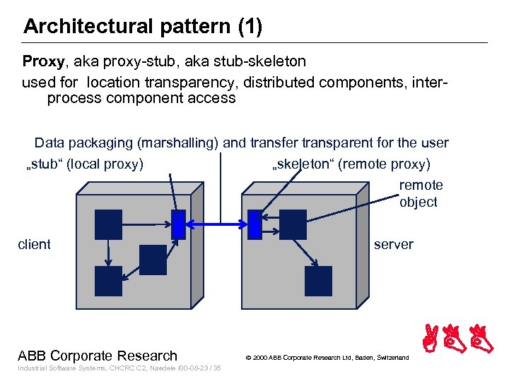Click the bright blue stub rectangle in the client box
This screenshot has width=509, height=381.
click(179, 224)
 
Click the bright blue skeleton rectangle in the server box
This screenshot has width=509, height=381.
click(255, 225)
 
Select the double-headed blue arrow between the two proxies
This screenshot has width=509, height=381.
click(217, 225)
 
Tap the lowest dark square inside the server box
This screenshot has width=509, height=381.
click(318, 281)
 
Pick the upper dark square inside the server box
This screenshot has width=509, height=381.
click(293, 224)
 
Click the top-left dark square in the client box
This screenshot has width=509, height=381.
click(108, 224)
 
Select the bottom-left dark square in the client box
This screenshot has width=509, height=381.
click(108, 281)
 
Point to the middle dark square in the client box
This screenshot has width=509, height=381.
click(153, 260)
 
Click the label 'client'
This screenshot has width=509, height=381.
click(34, 245)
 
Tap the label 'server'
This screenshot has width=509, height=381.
click(394, 245)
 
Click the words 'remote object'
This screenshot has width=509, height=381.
click(420, 193)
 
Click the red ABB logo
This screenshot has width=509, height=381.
click(459, 339)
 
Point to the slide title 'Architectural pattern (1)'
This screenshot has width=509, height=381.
click(143, 27)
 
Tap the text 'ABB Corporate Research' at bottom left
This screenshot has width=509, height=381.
click(98, 356)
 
